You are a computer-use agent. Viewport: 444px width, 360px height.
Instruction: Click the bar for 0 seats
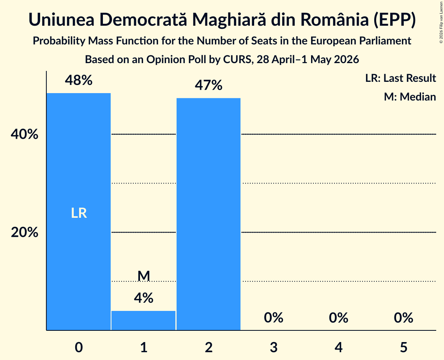point(79,212)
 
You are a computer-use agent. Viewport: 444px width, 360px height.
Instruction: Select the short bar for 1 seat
point(143,320)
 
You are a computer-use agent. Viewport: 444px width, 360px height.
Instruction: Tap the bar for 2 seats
point(209,214)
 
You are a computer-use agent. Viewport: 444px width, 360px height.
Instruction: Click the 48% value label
point(79,80)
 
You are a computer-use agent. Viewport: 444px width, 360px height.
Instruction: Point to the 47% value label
point(209,85)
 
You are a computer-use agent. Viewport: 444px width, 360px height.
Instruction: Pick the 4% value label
point(144,298)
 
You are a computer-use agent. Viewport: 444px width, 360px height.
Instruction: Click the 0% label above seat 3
point(274,318)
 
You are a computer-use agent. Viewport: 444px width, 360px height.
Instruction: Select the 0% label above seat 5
point(403,318)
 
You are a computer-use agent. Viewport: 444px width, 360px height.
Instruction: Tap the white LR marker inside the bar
point(79,213)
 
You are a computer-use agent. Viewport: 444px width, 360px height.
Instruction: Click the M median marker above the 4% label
point(144,276)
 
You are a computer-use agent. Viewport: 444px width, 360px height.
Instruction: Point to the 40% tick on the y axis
point(25,134)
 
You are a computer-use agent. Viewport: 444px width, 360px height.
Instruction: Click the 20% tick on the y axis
point(25,232)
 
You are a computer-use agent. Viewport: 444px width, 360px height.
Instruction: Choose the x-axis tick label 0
point(79,347)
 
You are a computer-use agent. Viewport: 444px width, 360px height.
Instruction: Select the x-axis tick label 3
point(274,347)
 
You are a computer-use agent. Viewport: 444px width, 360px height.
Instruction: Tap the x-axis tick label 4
point(339,347)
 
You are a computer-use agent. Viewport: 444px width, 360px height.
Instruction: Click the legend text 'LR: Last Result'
point(400,78)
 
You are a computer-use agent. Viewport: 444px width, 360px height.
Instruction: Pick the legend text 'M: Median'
point(410,97)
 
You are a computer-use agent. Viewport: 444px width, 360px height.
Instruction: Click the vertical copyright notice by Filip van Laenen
point(441,22)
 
